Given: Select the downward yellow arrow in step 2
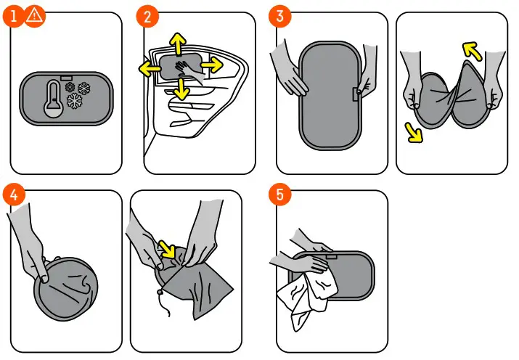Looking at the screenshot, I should (181, 89).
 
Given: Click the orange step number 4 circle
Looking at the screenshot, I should (13, 195).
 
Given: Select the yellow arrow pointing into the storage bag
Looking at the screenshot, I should (169, 251).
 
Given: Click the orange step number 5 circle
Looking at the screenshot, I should (278, 195).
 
